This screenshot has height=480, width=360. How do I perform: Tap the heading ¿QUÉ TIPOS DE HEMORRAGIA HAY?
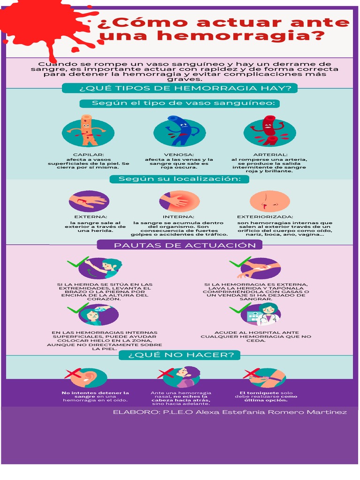(x=180, y=88)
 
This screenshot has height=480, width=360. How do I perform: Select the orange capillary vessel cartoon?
(x=86, y=130)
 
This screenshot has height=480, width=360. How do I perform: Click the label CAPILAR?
(x=89, y=154)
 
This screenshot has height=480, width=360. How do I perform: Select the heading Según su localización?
(x=180, y=179)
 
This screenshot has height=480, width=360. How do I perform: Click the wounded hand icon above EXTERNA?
(x=89, y=202)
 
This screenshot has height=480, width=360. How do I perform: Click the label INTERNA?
(x=179, y=217)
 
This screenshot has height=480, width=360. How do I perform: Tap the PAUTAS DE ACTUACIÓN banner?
(x=185, y=245)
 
